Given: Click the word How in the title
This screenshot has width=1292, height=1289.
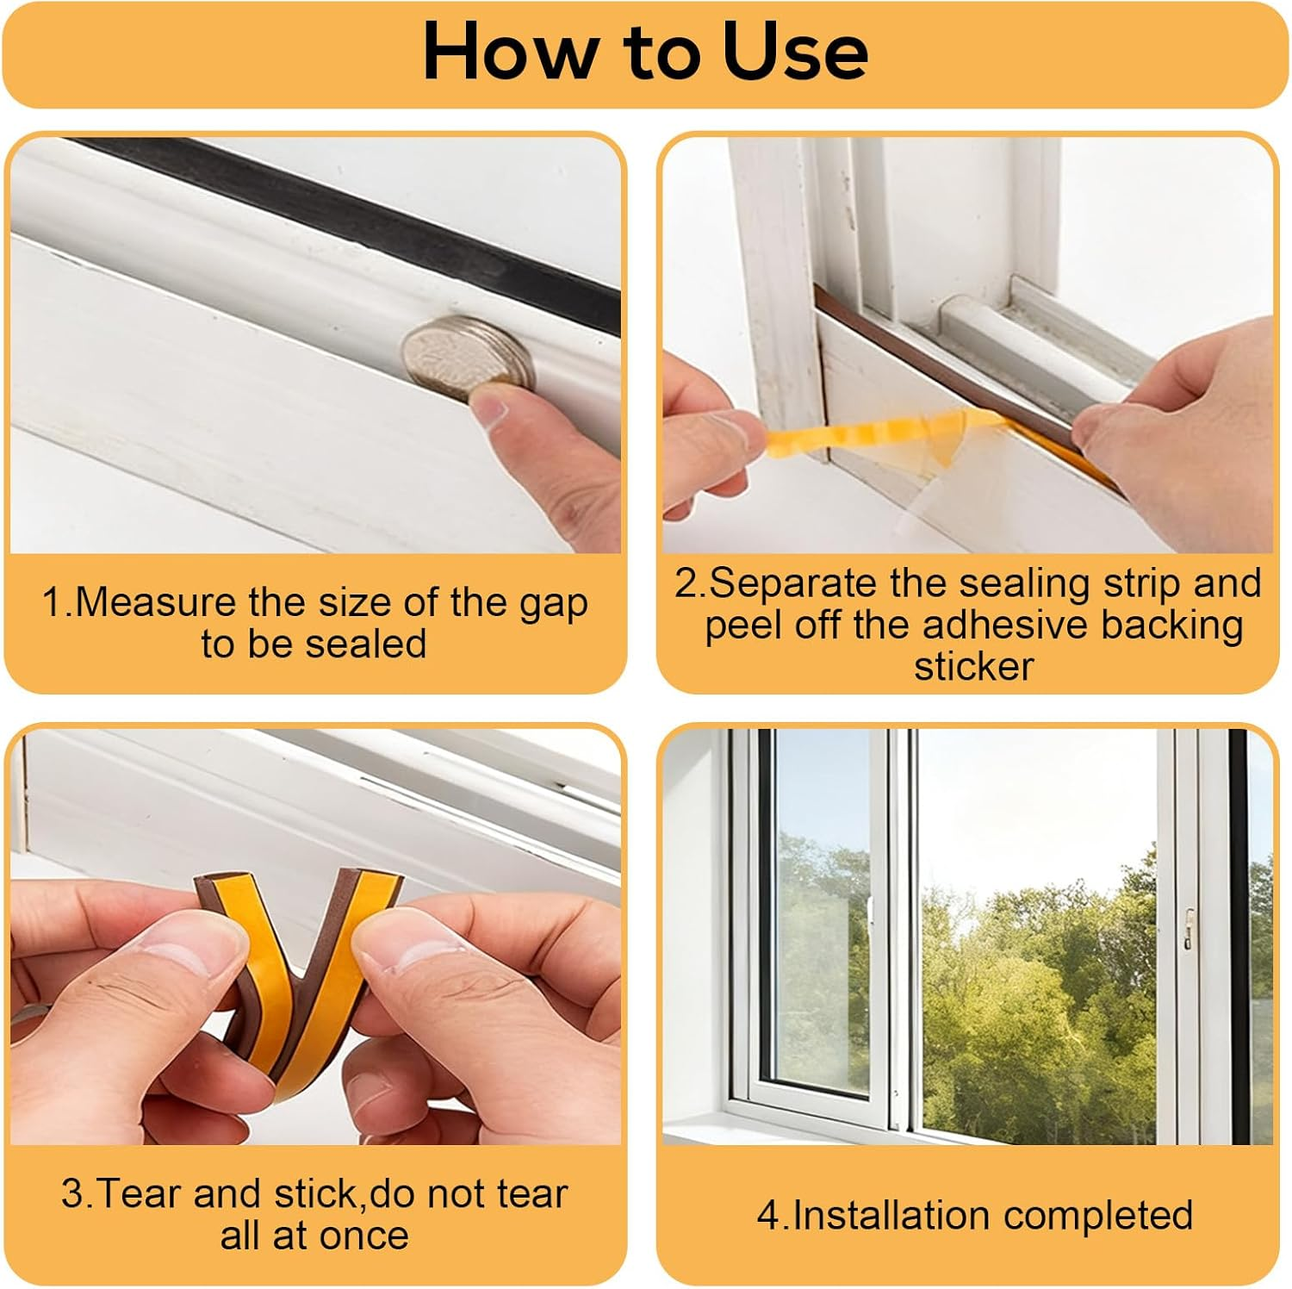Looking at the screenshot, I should coord(508,52).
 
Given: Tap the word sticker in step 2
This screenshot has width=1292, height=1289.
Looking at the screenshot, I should coord(973,666).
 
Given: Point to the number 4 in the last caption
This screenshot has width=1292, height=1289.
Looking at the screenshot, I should coord(767,1216).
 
